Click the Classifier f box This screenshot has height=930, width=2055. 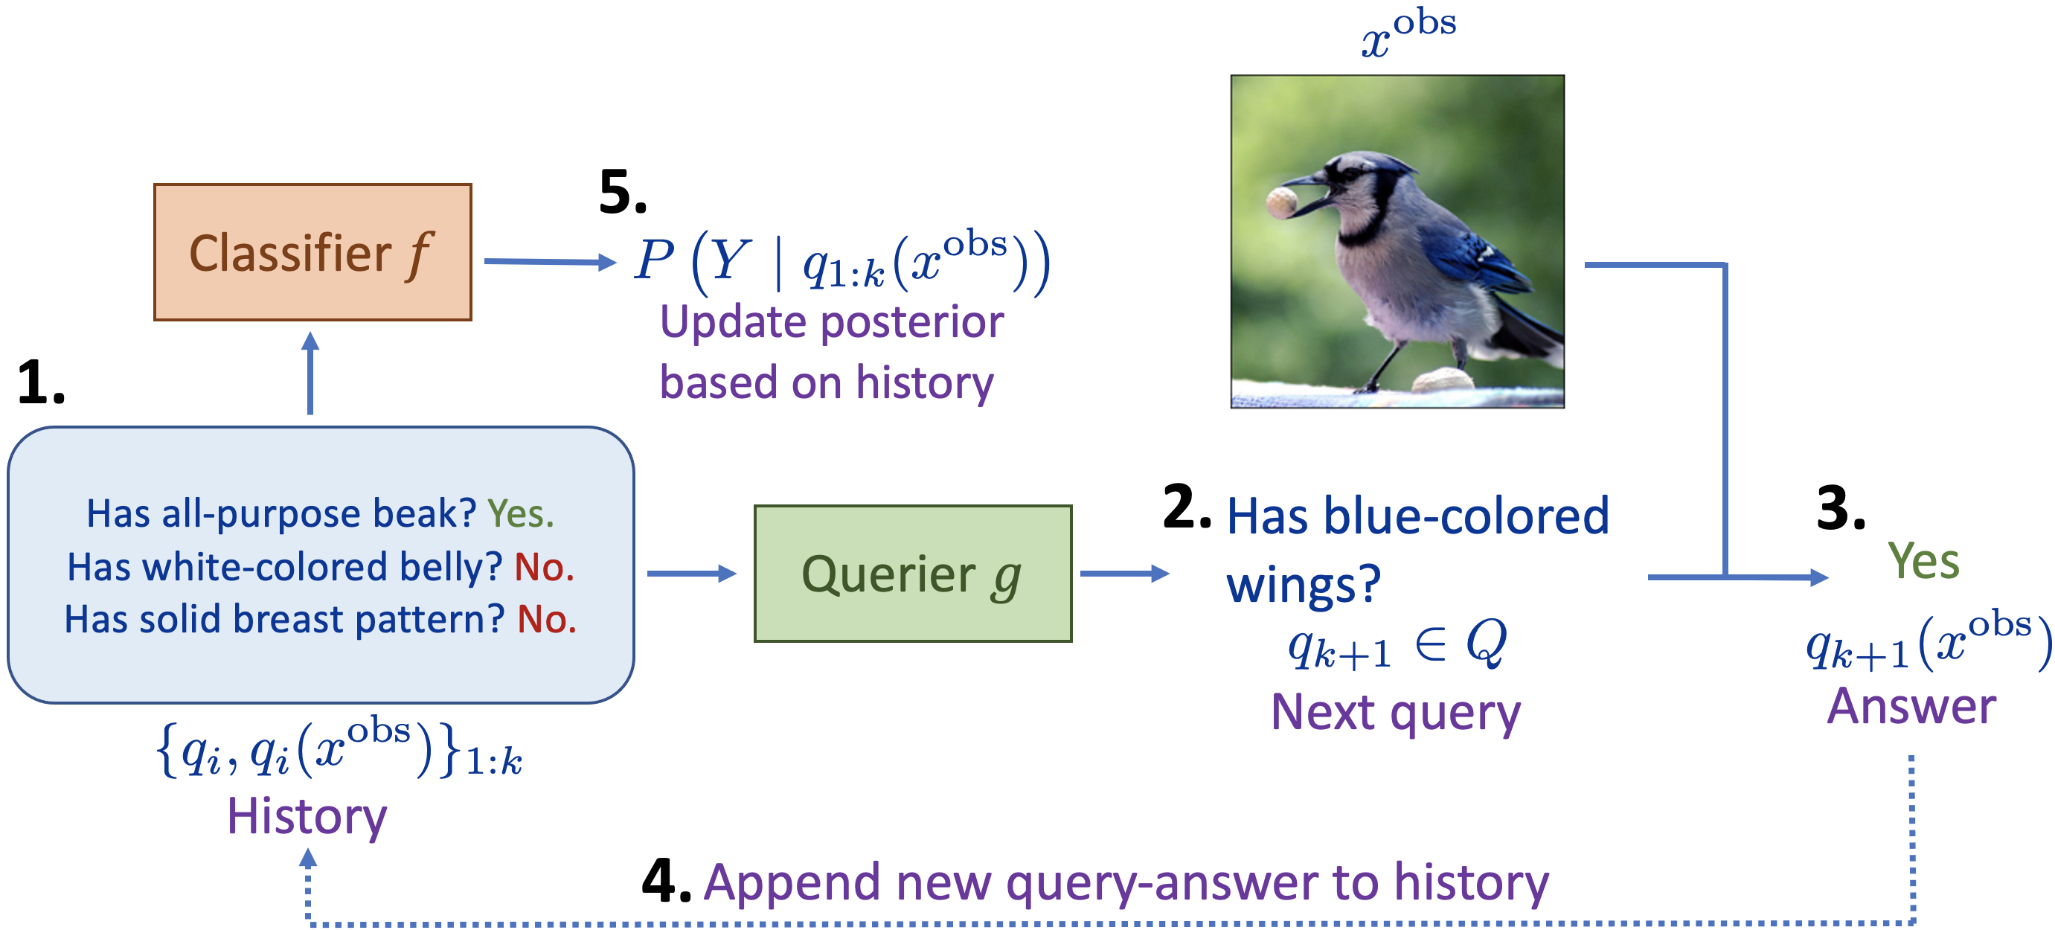point(312,252)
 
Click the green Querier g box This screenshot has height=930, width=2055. point(912,573)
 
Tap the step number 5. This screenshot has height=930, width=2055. point(621,192)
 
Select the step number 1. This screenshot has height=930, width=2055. point(40,382)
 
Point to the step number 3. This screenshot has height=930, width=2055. point(1841,508)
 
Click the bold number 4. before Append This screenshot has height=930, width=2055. point(665,881)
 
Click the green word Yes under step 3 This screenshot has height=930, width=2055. point(1923,561)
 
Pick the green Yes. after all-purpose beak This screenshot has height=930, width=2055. point(520,513)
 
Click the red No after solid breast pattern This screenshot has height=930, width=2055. point(546,620)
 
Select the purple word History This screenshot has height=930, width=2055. point(307,817)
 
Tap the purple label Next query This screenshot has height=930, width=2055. point(1395,711)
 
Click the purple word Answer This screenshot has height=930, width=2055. point(1911,706)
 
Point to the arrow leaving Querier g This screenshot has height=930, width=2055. point(1124,574)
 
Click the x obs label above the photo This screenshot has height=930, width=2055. point(1407,32)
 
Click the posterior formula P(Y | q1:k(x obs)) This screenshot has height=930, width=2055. point(841,261)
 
